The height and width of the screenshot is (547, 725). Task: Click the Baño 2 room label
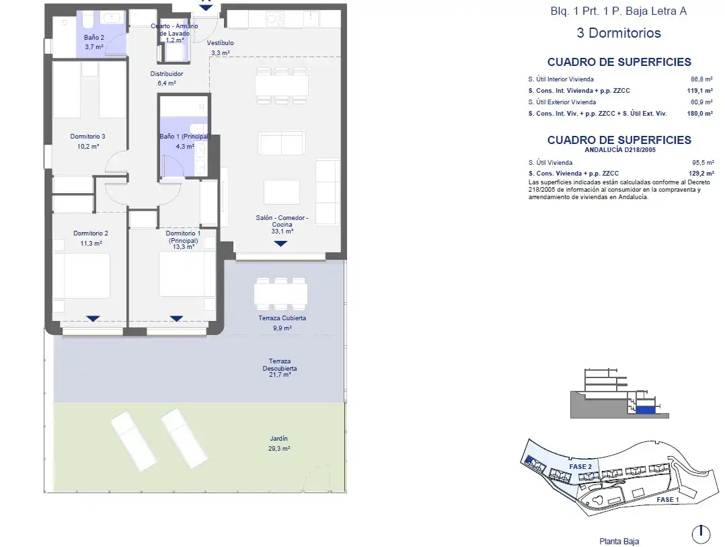click(94, 38)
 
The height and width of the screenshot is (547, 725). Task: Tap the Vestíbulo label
click(220, 43)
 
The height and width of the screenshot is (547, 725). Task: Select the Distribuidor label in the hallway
click(167, 74)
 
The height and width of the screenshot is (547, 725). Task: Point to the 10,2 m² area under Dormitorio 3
click(88, 147)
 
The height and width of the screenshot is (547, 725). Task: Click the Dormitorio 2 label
click(91, 233)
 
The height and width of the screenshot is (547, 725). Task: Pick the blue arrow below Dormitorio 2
click(93, 318)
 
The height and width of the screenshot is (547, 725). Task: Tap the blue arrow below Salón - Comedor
click(280, 243)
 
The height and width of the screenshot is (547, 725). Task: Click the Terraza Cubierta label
click(282, 318)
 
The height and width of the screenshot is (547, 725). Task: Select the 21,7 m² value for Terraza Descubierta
click(280, 375)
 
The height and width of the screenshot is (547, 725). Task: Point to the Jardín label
click(279, 438)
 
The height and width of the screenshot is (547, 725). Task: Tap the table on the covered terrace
click(280, 294)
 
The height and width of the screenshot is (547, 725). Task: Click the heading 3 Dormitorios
click(619, 33)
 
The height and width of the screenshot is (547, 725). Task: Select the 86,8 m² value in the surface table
click(701, 79)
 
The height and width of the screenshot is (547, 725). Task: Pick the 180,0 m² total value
click(699, 114)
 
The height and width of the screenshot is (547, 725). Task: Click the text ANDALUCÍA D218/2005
click(620, 150)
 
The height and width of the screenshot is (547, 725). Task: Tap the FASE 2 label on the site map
click(580, 467)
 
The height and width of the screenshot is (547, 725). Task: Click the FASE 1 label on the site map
click(668, 500)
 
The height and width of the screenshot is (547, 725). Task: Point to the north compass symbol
click(701, 534)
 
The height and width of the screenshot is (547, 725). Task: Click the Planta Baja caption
click(619, 542)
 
